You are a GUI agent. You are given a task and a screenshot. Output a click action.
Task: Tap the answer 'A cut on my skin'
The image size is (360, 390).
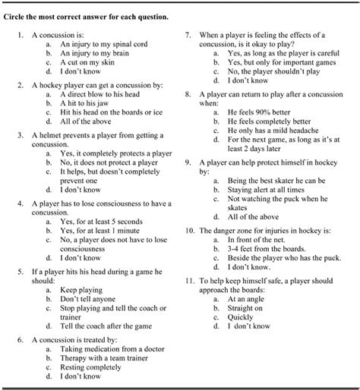[89, 64]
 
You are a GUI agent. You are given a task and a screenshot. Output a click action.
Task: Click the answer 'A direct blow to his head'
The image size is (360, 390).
[102, 93]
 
